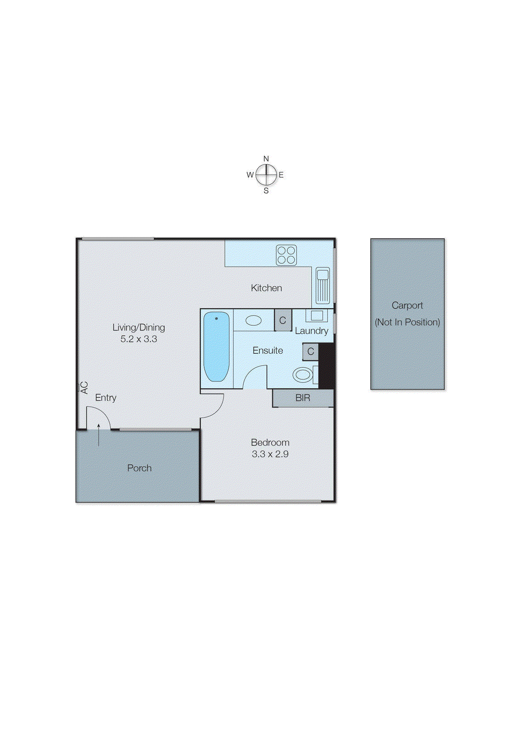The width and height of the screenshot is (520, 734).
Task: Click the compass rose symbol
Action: point(266,175)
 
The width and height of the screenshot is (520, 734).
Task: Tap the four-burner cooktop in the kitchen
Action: point(286,255)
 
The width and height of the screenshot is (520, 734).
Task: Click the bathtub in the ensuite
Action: point(216,347)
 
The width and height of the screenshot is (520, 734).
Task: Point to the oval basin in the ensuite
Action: point(253,320)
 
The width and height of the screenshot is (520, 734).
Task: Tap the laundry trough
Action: point(317,316)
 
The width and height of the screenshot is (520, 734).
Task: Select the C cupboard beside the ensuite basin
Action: point(283,320)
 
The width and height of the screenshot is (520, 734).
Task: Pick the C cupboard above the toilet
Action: point(311,352)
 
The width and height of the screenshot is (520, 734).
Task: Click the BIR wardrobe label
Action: point(302,398)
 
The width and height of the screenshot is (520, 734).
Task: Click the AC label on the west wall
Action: point(84,388)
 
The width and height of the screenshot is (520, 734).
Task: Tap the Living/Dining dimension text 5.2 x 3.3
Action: point(139,339)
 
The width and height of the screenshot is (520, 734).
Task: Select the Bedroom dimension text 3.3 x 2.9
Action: point(270,454)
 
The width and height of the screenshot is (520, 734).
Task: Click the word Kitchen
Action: point(266,288)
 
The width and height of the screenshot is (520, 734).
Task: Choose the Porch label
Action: point(139,468)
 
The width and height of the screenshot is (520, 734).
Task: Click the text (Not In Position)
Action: point(407,322)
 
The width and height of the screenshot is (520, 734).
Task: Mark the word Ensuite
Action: point(268,350)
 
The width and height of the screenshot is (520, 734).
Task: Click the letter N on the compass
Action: point(266,159)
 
